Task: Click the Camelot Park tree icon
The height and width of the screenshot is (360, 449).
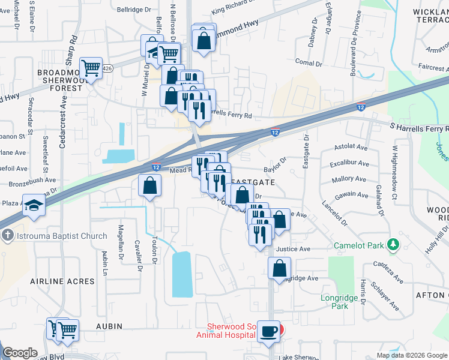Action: tap(394, 245)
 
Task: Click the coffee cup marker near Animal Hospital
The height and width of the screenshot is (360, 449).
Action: tap(268, 330)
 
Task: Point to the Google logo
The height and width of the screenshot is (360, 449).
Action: tap(20, 353)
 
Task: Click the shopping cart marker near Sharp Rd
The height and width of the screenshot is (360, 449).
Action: tap(91, 69)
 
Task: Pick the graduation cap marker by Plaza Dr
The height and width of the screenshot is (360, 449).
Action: tap(34, 205)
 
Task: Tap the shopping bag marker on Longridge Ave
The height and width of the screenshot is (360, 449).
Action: tap(280, 268)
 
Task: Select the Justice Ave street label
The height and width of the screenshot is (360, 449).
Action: tap(293, 249)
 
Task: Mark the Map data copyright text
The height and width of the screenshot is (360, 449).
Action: tap(412, 355)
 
